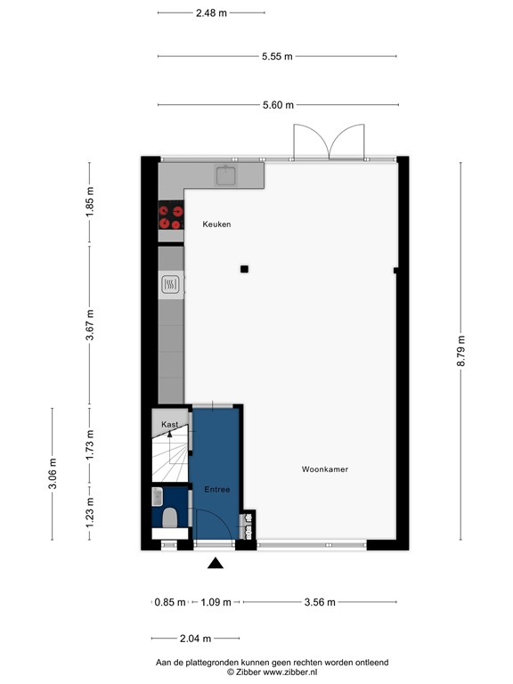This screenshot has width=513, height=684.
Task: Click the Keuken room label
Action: coord(216,224)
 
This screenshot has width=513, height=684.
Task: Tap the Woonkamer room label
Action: coord(324,468)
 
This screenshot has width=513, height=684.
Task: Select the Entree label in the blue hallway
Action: coord(216,489)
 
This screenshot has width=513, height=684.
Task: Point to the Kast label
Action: coord(169,426)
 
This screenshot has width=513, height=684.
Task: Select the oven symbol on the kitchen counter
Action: coord(171,285)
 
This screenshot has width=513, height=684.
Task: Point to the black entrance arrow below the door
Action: coord(215,563)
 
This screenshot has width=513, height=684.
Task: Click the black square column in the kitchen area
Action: coord(244,269)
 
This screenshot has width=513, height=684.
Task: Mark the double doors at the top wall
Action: coord(330,141)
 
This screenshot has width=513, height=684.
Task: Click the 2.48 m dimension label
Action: coord(210,12)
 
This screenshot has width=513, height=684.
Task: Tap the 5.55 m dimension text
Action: coord(277,56)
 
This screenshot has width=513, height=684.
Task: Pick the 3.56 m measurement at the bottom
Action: coord(318,602)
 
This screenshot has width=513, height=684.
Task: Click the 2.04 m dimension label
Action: coord(194,639)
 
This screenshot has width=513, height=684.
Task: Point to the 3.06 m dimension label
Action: coord(53,474)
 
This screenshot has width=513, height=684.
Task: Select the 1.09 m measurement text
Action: coord(214,602)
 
